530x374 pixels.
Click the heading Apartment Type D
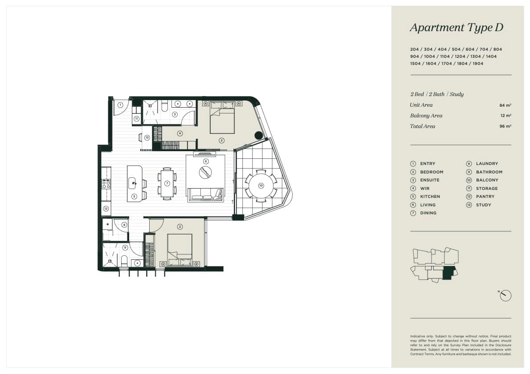pyautogui.click(x=457, y=28)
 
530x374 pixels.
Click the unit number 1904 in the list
pyautogui.click(x=478, y=64)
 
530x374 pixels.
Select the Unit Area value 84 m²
pyautogui.click(x=506, y=105)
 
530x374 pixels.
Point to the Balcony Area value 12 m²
pyautogui.click(x=506, y=116)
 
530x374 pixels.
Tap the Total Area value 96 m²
pyautogui.click(x=506, y=126)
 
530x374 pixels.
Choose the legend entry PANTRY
pyautogui.click(x=485, y=197)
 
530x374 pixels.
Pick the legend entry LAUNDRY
pyautogui.click(x=487, y=164)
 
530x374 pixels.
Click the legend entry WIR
pyautogui.click(x=425, y=189)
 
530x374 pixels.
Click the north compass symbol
pyautogui.click(x=506, y=296)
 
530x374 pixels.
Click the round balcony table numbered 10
pyautogui.click(x=261, y=185)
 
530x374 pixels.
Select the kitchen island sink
pyautogui.click(x=133, y=183)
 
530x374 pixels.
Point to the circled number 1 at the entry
pyautogui.click(x=120, y=105)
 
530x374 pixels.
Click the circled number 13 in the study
pyautogui.click(x=147, y=138)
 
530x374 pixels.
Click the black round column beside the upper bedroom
pyautogui.click(x=259, y=135)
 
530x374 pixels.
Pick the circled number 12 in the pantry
pyautogui.click(x=106, y=209)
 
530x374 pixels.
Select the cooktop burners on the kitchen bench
pyautogui.click(x=106, y=184)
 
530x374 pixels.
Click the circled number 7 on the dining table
pyautogui.click(x=167, y=183)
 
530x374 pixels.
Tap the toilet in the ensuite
pyautogui.click(x=165, y=106)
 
